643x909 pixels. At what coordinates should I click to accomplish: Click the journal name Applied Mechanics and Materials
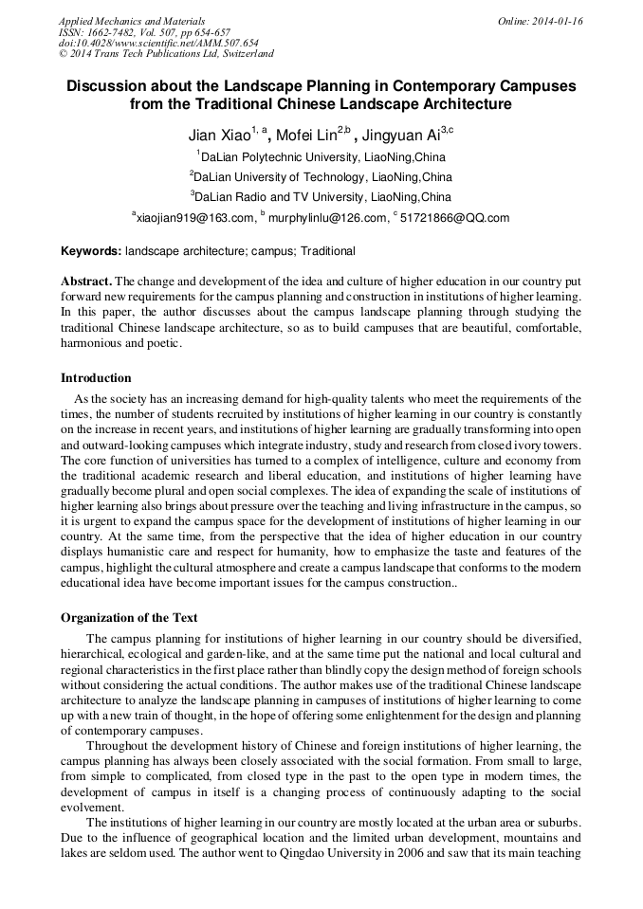132,21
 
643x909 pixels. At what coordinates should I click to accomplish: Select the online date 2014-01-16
554,21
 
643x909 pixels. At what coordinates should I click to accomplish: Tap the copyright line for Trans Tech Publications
166,55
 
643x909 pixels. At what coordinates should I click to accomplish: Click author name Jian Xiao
218,133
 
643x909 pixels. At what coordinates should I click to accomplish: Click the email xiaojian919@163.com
195,218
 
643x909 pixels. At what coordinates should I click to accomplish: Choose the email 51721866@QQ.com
454,218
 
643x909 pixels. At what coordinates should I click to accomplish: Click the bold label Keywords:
91,251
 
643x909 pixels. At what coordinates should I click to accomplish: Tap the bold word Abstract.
86,282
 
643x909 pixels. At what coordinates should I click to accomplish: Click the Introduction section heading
96,378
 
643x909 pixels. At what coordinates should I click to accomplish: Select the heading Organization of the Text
129,617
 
